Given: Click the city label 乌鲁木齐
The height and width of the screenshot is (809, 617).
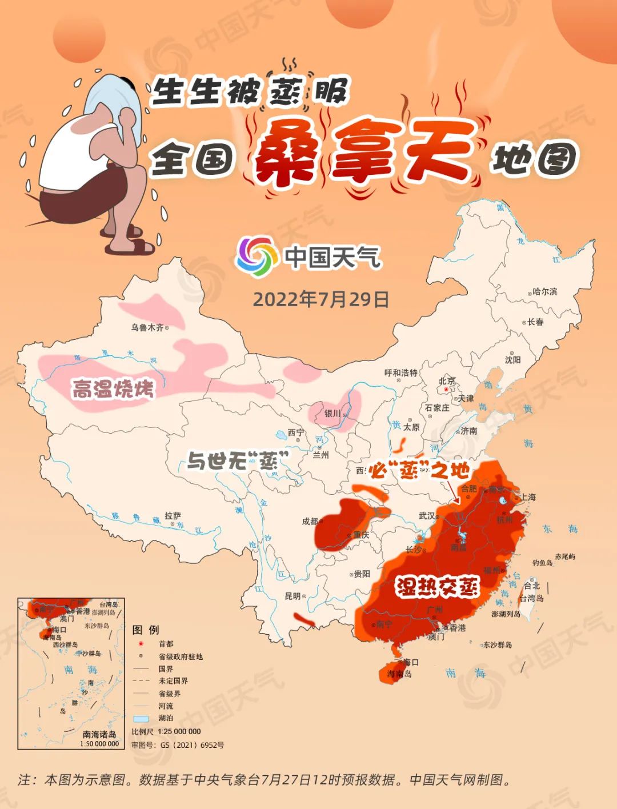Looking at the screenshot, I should (147, 327).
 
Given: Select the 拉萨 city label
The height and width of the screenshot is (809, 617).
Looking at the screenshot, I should (173, 515).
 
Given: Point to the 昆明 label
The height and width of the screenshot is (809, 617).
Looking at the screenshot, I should (293, 596).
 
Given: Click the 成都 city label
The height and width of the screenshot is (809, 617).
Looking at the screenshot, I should (310, 521).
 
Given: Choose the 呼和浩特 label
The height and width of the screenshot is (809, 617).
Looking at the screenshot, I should (401, 373).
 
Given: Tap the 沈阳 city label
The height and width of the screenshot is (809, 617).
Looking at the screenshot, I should (512, 360).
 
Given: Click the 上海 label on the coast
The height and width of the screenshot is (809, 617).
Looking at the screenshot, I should (528, 497).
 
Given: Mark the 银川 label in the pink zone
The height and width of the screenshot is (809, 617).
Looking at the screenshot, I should (332, 413).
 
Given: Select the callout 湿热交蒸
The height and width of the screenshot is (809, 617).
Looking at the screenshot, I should (438, 587).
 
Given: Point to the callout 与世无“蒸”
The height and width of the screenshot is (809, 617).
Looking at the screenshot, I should (238, 460).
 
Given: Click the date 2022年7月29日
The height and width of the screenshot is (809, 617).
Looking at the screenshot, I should (320, 299).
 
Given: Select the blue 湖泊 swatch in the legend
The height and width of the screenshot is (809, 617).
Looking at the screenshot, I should (141, 718).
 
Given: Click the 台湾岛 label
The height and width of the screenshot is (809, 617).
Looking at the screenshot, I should (532, 598).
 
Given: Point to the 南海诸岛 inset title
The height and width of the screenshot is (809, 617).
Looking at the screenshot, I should (99, 734).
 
